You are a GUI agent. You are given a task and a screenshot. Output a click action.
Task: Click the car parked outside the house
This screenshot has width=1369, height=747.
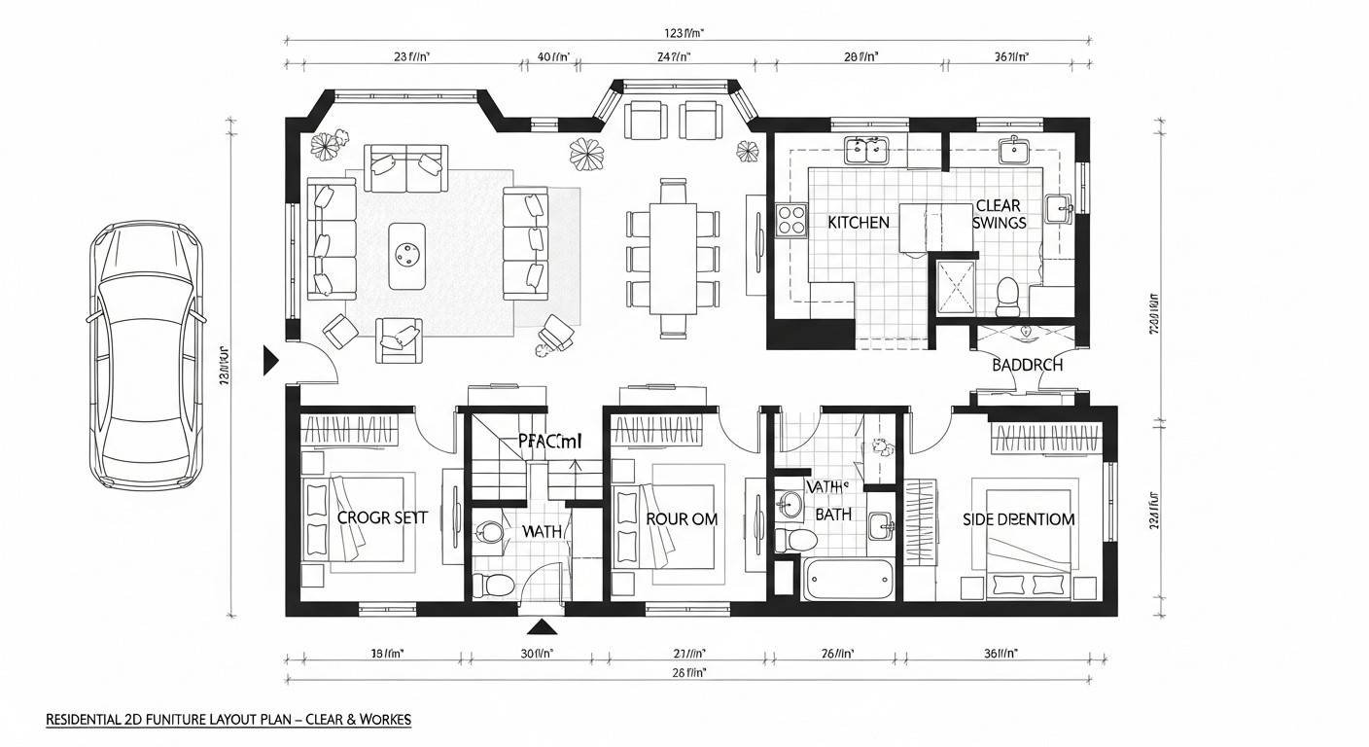pos(147,355)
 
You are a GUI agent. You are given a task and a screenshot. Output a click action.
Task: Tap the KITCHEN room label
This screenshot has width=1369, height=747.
pos(859,223)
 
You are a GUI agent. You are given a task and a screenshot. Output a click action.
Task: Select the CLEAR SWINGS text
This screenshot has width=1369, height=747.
pos(999,214)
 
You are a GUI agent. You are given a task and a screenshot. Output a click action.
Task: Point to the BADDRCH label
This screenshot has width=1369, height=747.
pos(1027,366)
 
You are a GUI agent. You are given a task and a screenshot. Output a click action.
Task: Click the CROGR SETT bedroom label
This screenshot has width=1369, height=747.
pos(382,518)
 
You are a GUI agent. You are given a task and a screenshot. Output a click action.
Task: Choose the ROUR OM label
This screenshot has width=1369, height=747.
pos(682,519)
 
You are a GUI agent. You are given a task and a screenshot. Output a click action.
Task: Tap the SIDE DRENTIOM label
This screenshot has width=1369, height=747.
pos(1018,519)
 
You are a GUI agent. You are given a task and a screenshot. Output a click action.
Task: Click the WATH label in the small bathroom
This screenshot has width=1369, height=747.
pos(542,532)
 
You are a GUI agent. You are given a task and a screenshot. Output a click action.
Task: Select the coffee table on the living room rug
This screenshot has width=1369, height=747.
pos(406,256)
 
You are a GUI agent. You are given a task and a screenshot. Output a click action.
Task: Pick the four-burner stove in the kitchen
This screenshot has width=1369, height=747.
pos(791,219)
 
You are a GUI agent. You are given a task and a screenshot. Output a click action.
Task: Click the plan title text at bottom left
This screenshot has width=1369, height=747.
pos(228,720)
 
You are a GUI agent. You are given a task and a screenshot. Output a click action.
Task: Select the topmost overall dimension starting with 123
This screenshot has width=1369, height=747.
pos(686,32)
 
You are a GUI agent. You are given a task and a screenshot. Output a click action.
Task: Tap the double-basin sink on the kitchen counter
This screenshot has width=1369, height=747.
pos(867,150)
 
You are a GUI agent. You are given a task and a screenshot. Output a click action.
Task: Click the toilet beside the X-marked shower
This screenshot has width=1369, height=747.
pos(1007,293)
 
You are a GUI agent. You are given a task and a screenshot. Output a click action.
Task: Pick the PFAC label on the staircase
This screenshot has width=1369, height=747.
pos(549,442)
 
